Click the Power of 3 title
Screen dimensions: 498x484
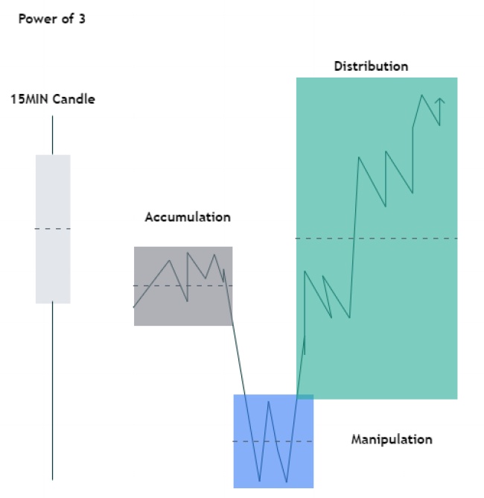click(51, 19)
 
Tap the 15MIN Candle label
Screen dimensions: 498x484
click(53, 98)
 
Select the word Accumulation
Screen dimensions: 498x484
click(188, 218)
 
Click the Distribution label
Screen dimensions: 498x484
click(371, 66)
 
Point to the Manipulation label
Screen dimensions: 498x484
click(392, 439)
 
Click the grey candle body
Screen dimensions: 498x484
click(53, 194)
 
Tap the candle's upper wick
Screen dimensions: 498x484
click(53, 134)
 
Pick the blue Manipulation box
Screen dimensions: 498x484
click(246, 470)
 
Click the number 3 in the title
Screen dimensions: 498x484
click(81, 19)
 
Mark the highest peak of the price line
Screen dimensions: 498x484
click(422, 95)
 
